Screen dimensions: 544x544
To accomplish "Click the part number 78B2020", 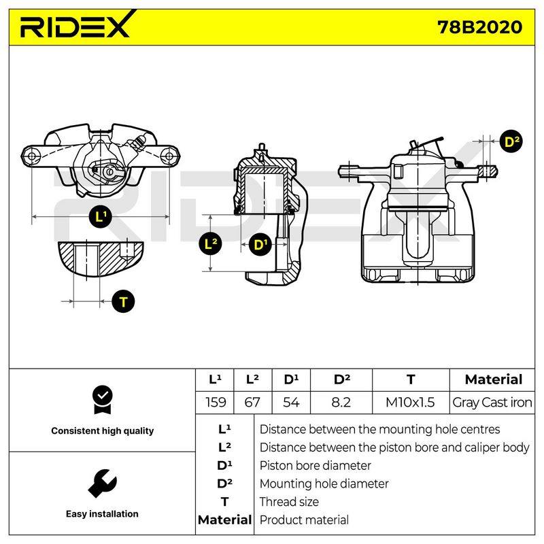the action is coord(479,27).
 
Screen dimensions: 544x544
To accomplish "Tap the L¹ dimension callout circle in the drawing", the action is coord(101,217).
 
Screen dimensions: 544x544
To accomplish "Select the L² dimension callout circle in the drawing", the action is coord(211,244).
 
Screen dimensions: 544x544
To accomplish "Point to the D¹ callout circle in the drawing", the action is coord(260,245).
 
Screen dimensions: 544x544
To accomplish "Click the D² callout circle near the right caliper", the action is coord(511,142).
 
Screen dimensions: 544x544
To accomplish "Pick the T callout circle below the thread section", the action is coord(124,301).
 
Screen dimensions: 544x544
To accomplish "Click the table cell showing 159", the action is coord(216,402).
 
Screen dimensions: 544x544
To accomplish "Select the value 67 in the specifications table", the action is coord(252,402).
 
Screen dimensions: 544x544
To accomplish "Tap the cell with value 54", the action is coord(291,402).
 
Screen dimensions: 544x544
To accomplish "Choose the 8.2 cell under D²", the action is coord(341,402).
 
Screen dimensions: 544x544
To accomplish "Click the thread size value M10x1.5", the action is coord(410,402).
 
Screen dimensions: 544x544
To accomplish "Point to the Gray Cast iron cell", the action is coord(492,403).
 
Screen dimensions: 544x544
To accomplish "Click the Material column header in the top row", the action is coord(494,379).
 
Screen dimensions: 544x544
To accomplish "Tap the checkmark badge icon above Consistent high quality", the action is coord(103,400).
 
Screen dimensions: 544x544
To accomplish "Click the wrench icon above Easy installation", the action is coord(103,483).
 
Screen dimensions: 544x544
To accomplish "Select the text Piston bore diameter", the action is coord(315,466).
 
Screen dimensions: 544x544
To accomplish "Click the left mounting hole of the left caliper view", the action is coord(31,156).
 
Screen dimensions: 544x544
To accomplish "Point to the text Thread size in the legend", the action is coord(289,502).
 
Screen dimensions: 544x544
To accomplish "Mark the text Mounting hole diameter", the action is coord(324,483).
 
